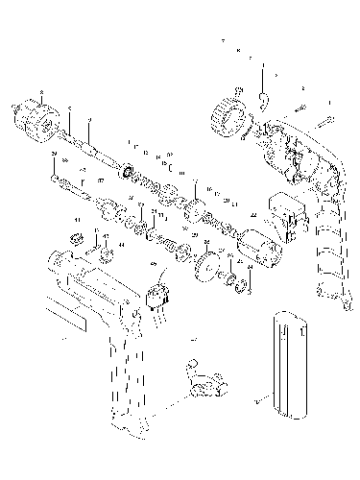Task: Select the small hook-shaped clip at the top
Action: coord(265,96)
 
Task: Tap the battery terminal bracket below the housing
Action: coord(204,385)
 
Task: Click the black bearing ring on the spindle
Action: coord(127,172)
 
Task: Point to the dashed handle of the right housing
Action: coord(326,250)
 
